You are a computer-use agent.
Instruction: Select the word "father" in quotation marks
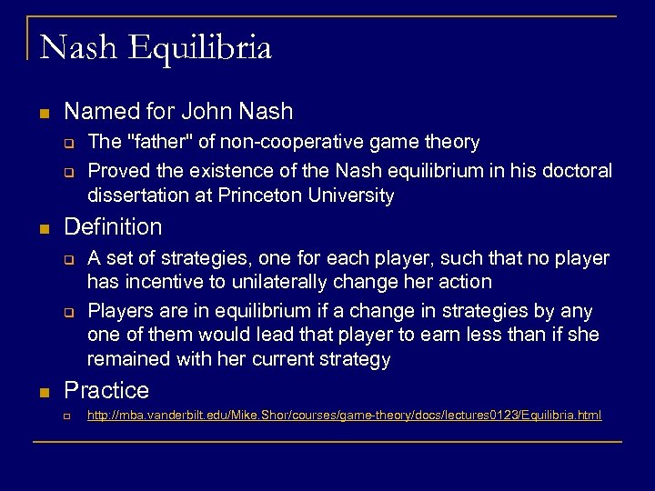(x=156, y=142)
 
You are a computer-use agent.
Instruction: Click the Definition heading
(x=113, y=226)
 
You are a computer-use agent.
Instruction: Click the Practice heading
(x=106, y=390)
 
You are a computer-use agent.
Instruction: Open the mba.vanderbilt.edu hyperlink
(x=344, y=416)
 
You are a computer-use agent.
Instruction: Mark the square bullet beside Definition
(x=44, y=228)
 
